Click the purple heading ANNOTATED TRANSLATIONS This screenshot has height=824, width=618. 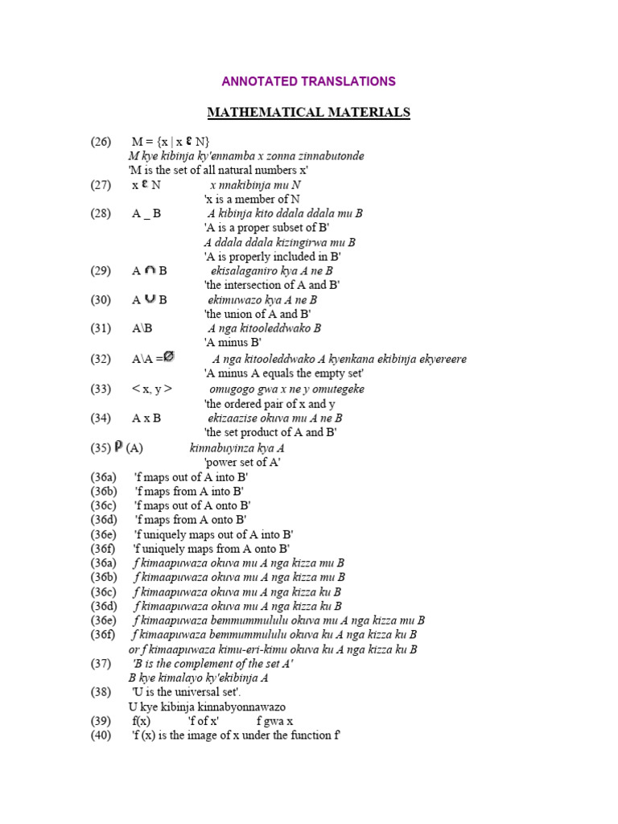tap(309, 81)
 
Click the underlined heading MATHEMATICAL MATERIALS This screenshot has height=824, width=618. tap(309, 113)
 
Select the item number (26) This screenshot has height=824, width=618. tap(101, 142)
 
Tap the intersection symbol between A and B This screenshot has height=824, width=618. tap(148, 270)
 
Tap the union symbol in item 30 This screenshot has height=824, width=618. tap(148, 299)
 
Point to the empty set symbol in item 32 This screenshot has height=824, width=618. tap(169, 357)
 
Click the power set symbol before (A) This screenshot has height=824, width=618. tap(118, 447)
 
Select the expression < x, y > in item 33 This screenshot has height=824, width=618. tap(152, 389)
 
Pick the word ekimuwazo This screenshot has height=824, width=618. tap(235, 300)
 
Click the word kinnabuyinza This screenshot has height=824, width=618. tap(225, 448)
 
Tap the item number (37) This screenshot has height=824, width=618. tap(101, 664)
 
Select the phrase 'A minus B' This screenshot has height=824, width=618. tap(233, 343)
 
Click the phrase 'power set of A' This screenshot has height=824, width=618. tap(242, 463)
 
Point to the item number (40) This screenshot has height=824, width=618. tap(101, 735)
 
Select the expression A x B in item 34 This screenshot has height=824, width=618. tap(146, 418)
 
